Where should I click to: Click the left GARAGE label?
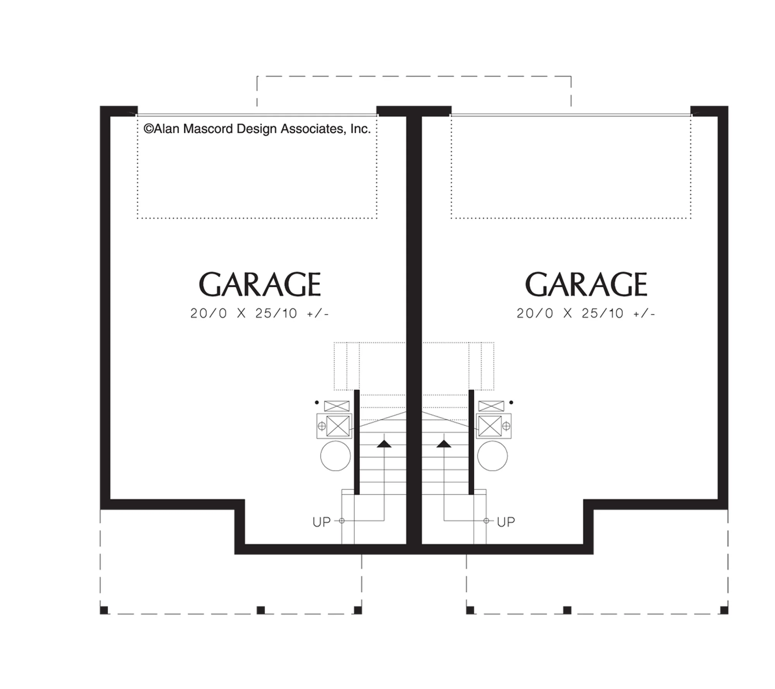point(260,284)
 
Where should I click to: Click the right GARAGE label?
point(586,284)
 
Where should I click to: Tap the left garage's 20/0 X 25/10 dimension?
point(259,313)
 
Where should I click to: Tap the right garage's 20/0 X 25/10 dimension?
point(586,313)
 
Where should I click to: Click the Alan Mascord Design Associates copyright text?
point(257,129)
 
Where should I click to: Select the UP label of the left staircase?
point(321,522)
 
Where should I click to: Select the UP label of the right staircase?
point(506,522)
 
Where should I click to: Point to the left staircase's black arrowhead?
point(384,444)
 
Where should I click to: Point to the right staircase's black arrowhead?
point(444,444)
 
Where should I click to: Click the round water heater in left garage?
point(336,456)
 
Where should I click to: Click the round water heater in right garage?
point(493,456)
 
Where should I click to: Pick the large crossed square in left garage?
point(338,426)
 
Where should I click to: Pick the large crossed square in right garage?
point(490,426)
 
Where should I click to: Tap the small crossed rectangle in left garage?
point(337,406)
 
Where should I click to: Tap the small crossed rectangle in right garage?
point(491,406)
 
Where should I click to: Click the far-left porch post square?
point(104,610)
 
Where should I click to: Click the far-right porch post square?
point(724,610)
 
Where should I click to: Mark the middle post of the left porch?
point(261,610)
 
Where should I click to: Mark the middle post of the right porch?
point(567,610)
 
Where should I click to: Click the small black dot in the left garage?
point(317,403)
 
